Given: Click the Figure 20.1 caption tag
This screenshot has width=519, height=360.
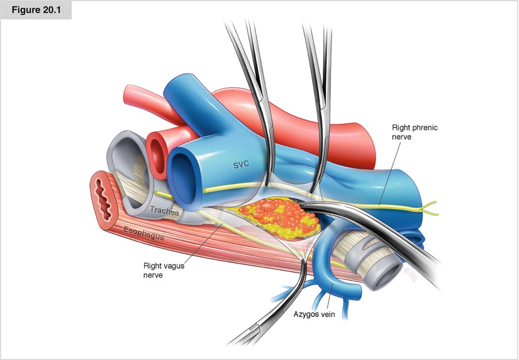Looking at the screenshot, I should click(36, 10).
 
